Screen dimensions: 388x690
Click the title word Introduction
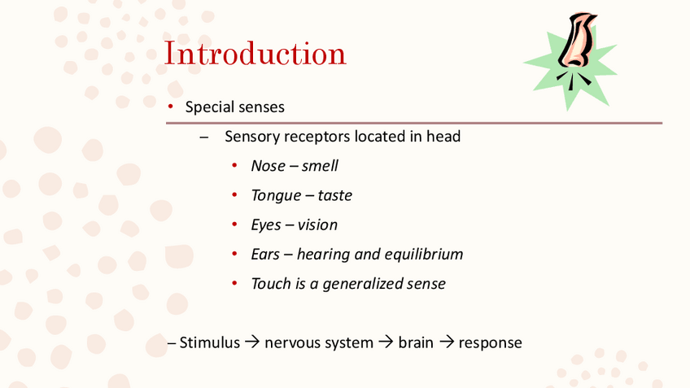point(255,54)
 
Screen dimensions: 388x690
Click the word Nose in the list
point(268,166)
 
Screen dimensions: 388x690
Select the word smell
point(320,166)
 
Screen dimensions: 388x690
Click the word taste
point(335,195)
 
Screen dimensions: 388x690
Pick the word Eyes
point(266,225)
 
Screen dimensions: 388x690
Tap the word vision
point(317,225)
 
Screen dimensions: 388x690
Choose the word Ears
point(265,254)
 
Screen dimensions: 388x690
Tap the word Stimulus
point(209,342)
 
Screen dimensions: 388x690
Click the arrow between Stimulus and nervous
point(252,342)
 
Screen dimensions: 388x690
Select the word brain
point(416,342)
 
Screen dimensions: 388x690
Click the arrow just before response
point(447,342)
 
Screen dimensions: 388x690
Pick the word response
point(490,343)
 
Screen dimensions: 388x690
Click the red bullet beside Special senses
point(171,107)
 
